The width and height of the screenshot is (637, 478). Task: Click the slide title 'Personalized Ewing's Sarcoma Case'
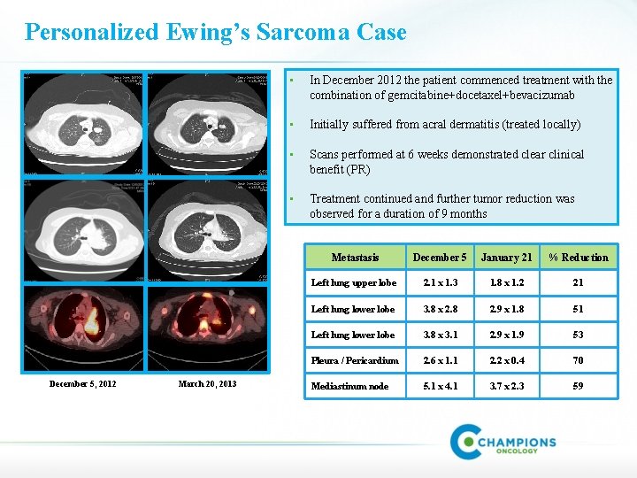[216, 33]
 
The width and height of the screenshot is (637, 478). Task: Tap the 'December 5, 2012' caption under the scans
[82, 383]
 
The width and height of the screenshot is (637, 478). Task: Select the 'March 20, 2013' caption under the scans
[207, 383]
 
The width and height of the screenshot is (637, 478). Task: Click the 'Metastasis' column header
[355, 258]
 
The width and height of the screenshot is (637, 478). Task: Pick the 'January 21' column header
[506, 258]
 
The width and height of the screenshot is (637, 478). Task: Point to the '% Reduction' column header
[578, 258]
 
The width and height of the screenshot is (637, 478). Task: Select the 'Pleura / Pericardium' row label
[355, 360]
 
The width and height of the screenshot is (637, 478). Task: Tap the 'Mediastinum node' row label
[349, 386]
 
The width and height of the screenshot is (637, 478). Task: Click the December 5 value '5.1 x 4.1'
[440, 386]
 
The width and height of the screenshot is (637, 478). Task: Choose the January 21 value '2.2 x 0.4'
[506, 360]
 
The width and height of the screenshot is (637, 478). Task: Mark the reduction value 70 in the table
[578, 360]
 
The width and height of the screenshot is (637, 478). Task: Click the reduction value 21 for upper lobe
[578, 283]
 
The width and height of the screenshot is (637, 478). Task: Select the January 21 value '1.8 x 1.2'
[506, 283]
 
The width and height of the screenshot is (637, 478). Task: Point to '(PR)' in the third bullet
[358, 169]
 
